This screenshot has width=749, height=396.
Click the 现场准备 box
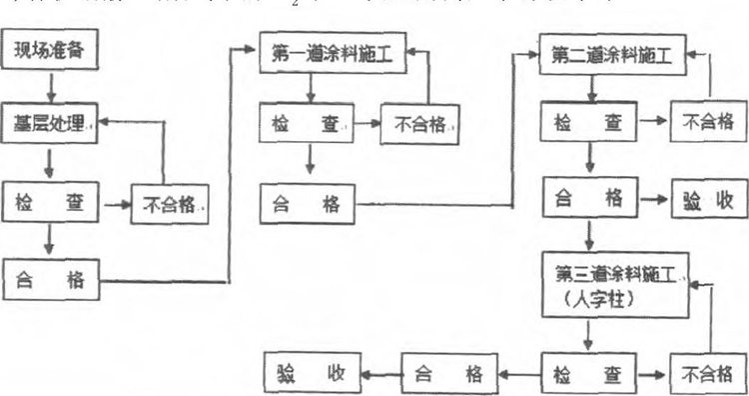[x=52, y=50]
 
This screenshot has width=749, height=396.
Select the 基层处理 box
[x=51, y=125]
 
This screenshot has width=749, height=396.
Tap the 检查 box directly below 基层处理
[x=51, y=204]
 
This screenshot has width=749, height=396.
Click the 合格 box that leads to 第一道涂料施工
[x=51, y=279]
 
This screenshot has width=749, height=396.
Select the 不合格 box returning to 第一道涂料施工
[x=418, y=126]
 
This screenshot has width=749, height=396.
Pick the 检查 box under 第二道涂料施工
[x=588, y=123]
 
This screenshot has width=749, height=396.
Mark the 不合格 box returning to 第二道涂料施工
[x=705, y=124]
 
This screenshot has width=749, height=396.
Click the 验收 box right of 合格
[x=705, y=198]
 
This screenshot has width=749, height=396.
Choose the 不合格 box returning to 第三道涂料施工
[x=705, y=375]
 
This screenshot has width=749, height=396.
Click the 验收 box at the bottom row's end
[x=312, y=375]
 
